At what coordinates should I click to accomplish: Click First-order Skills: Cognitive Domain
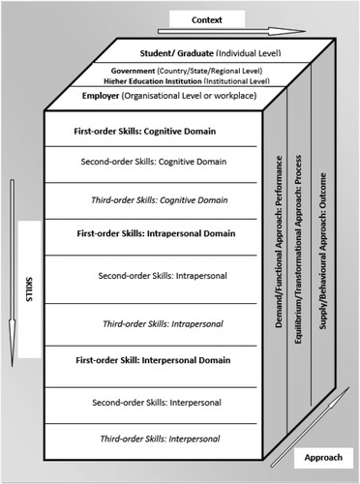[144, 131]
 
